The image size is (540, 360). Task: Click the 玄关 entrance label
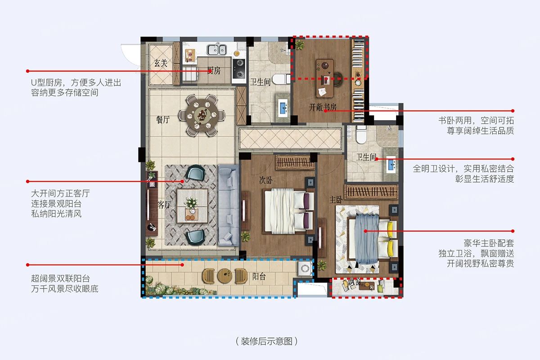[x=161, y=63]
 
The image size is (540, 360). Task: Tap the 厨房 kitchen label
[x=214, y=71]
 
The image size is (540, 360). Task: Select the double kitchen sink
[x=216, y=49]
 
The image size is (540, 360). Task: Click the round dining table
[x=202, y=115]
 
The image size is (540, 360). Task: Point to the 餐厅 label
[x=163, y=120]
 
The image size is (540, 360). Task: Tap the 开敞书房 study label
[x=323, y=107]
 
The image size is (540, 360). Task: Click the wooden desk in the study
[x=325, y=78]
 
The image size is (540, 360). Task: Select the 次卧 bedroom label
[x=266, y=180]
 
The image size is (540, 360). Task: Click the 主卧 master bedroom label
[x=336, y=200]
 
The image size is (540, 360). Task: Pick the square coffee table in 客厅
[x=192, y=206]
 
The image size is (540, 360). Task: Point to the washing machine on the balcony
[x=305, y=268]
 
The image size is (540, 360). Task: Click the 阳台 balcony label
[x=259, y=277]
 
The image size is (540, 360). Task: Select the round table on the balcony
[x=225, y=276]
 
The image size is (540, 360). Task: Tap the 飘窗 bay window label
[x=354, y=282]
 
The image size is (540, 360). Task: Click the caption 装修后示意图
[x=266, y=341]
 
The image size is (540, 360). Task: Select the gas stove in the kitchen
[x=239, y=69]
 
